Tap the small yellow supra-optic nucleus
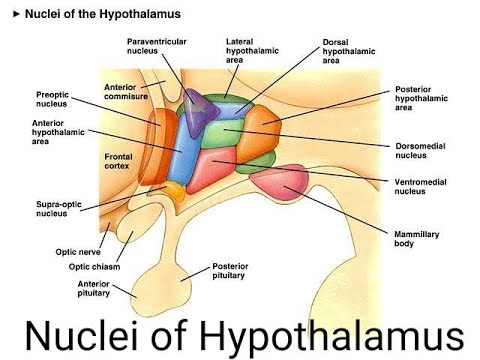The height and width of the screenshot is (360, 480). pyautogui.click(x=175, y=191)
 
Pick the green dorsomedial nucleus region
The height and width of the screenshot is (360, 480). pyautogui.click(x=220, y=134)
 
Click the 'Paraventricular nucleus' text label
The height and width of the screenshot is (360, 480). pyautogui.click(x=157, y=46)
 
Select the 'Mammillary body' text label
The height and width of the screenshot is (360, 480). pyautogui.click(x=416, y=239)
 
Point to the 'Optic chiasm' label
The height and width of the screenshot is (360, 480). pyautogui.click(x=94, y=267)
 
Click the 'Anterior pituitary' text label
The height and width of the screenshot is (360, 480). pyautogui.click(x=94, y=288)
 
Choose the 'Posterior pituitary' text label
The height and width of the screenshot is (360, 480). pyautogui.click(x=230, y=271)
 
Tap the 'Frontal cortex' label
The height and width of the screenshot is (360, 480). pyautogui.click(x=118, y=161)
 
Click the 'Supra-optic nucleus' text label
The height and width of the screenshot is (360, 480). pyautogui.click(x=59, y=209)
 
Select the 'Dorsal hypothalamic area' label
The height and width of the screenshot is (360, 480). pyautogui.click(x=349, y=51)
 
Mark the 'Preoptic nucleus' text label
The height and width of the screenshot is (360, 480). pyautogui.click(x=52, y=99)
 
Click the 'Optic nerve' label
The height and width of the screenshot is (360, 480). pyautogui.click(x=78, y=252)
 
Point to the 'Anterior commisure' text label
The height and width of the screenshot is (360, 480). pyautogui.click(x=126, y=92)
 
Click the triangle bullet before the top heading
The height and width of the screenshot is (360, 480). pyautogui.click(x=16, y=14)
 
